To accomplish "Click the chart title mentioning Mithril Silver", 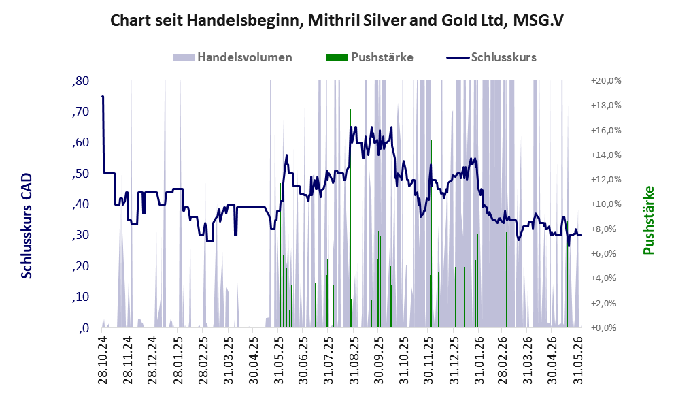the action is (337, 20).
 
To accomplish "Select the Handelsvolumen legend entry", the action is (233, 57).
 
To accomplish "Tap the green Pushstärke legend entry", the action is (370, 57).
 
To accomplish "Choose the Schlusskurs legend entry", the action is (491, 57).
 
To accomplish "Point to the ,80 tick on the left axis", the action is (80, 81).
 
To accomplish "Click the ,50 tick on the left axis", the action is (80, 174).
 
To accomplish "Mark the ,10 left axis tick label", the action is (80, 298).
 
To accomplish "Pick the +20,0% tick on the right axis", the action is (606, 81).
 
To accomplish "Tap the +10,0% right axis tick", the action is (606, 204).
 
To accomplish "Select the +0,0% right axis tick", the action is (606, 328).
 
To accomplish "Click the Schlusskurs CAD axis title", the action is (27, 226).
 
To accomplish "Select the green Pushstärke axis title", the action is (649, 220).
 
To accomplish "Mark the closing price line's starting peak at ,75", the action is (102, 97).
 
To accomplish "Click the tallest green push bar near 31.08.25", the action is (350, 218).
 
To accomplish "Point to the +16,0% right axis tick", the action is (606, 130).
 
